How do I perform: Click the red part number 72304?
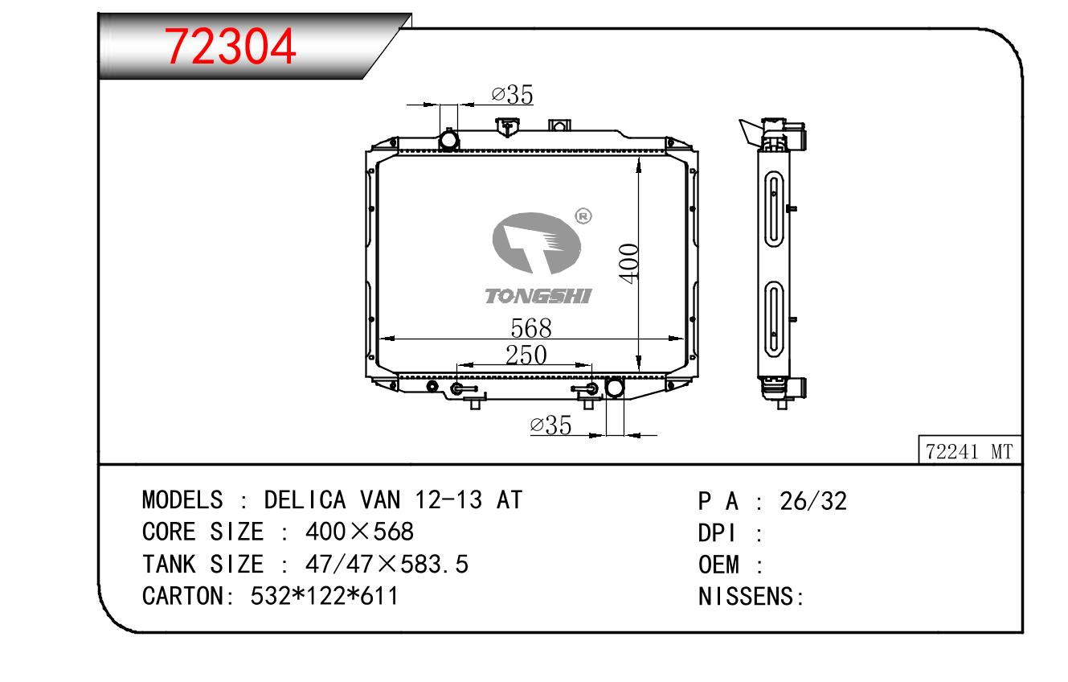tap(230, 46)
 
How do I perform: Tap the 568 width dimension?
tap(530, 328)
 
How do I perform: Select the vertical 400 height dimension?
tap(629, 264)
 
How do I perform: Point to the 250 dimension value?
tap(526, 355)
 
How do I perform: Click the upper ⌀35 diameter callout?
tap(512, 94)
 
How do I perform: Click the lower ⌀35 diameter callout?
tap(550, 425)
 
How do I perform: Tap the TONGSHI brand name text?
tap(538, 297)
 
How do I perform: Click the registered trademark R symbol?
tap(583, 216)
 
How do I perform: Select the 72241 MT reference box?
tap(969, 450)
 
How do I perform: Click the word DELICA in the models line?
tap(305, 499)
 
